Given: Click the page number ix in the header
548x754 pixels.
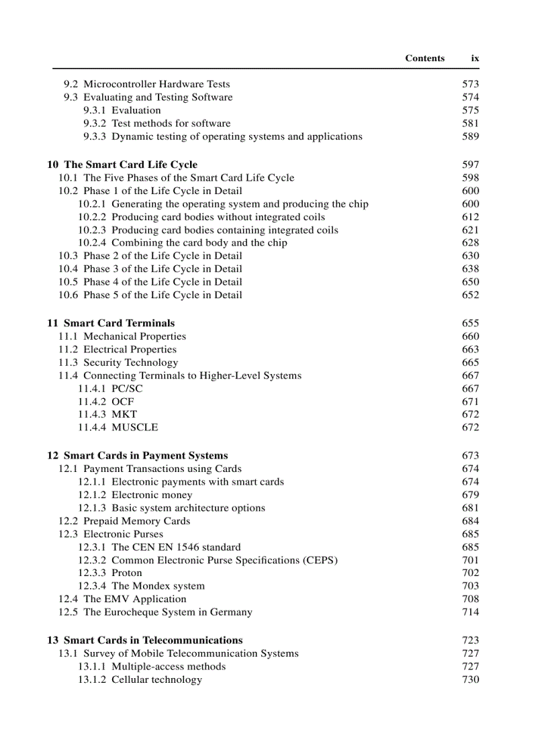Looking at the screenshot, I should [x=475, y=58].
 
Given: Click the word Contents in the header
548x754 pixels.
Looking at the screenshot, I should [x=424, y=58].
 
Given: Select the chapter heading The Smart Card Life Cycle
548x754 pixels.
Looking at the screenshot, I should [x=130, y=164].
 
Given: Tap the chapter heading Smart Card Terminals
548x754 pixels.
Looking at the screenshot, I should [x=119, y=323].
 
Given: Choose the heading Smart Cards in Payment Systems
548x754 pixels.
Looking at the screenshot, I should [x=146, y=456].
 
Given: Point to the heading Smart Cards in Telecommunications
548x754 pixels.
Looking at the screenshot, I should [x=153, y=641].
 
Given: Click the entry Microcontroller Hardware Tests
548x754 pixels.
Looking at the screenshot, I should [x=156, y=85].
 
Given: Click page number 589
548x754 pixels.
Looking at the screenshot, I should [x=470, y=137].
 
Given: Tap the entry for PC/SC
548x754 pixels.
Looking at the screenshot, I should [x=127, y=389].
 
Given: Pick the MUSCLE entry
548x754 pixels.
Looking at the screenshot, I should [x=134, y=428].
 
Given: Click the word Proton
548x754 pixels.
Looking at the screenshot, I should [x=127, y=573].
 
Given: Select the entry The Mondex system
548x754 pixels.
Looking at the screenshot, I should [x=158, y=586].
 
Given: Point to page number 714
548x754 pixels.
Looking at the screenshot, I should [x=470, y=612].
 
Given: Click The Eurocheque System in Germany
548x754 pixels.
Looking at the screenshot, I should [x=168, y=612].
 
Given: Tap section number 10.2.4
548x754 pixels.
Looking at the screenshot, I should [x=91, y=243].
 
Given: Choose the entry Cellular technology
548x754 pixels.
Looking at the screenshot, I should [x=156, y=680].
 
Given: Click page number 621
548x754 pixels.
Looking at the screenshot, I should [x=470, y=230].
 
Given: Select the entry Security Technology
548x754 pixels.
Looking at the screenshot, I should [x=130, y=363].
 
